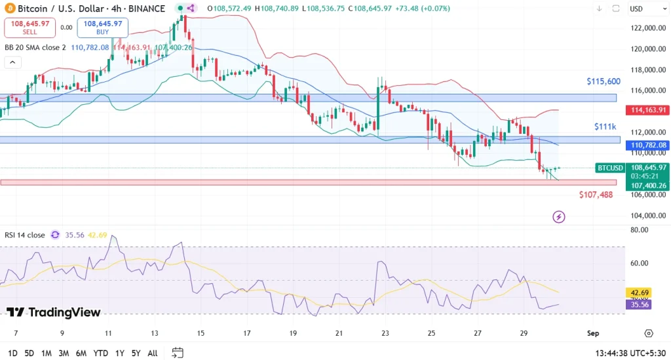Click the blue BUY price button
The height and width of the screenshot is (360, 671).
pyautogui.click(x=102, y=28)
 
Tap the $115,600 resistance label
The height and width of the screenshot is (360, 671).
pyautogui.click(x=603, y=82)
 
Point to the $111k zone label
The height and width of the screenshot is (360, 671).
pyautogui.click(x=605, y=126)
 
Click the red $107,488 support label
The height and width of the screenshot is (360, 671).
pyautogui.click(x=596, y=195)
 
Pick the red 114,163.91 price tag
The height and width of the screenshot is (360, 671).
pyautogui.click(x=647, y=110)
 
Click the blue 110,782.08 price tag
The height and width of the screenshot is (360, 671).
pyautogui.click(x=647, y=145)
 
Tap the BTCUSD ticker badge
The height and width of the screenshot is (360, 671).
pyautogui.click(x=610, y=168)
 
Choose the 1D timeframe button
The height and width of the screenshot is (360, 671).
pyautogui.click(x=12, y=353)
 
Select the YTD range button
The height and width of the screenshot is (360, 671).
pyautogui.click(x=100, y=353)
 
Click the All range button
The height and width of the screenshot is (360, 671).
pyautogui.click(x=152, y=353)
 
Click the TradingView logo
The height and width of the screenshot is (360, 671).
pyautogui.click(x=54, y=312)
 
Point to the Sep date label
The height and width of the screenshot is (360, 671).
pyautogui.click(x=592, y=333)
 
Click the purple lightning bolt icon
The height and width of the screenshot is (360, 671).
pyautogui.click(x=559, y=216)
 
